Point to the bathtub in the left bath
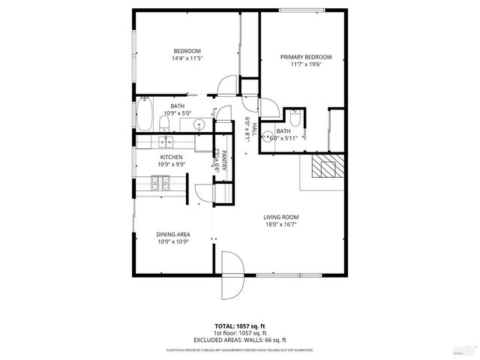(144, 115)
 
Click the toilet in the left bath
(167, 120)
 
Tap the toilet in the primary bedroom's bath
(295, 119)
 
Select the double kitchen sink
(165, 140)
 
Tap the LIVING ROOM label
(281, 217)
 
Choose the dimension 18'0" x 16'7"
(281, 225)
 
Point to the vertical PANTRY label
(223, 160)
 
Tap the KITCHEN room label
(171, 157)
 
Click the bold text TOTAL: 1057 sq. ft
(239, 326)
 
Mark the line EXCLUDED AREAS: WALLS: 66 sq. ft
(239, 339)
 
